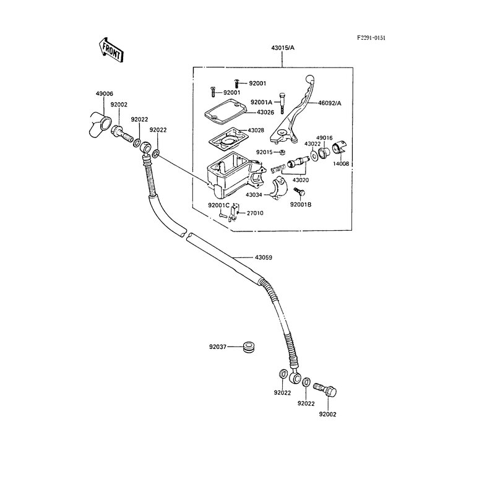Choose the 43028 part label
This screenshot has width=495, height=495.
click(256, 131)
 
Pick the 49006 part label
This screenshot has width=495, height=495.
click(104, 93)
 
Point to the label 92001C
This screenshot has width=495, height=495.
click(219, 205)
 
